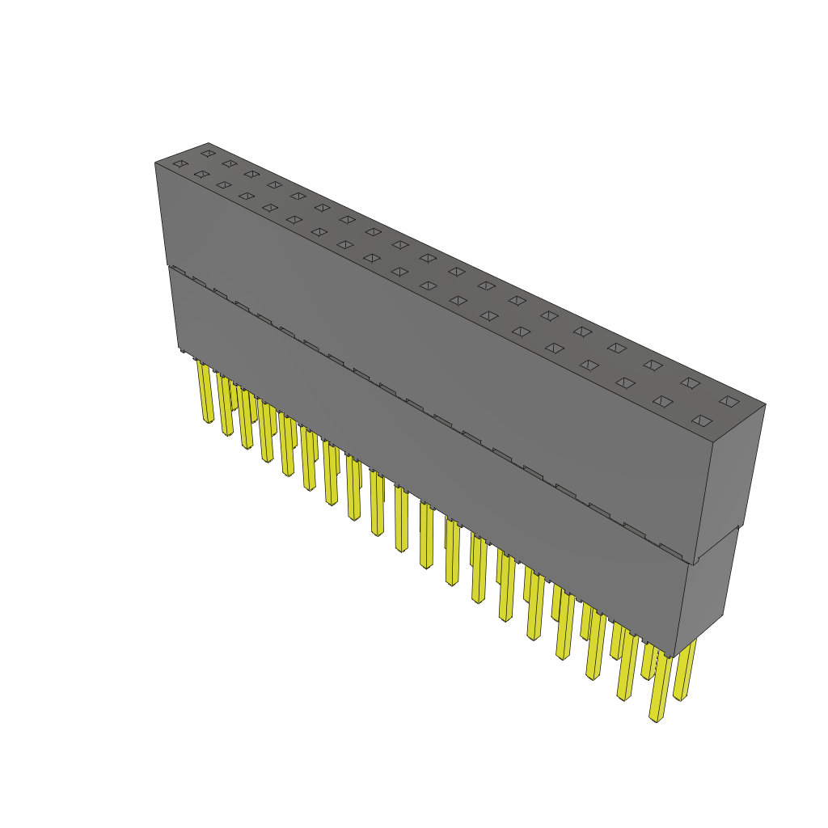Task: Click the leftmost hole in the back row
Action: [x=209, y=153]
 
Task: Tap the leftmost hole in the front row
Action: [x=180, y=164]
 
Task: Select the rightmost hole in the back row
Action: [x=729, y=401]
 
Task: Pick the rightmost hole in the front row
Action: [x=702, y=420]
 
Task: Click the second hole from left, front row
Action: [x=201, y=174]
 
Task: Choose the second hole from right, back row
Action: [x=689, y=382]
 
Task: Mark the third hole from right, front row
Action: [x=625, y=382]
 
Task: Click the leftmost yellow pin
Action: [x=205, y=392]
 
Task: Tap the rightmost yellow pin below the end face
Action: [x=684, y=671]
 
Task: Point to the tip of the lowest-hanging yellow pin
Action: [x=656, y=718]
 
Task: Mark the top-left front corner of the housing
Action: [x=155, y=163]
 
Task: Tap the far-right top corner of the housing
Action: [x=765, y=404]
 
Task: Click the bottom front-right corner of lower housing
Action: [x=674, y=657]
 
